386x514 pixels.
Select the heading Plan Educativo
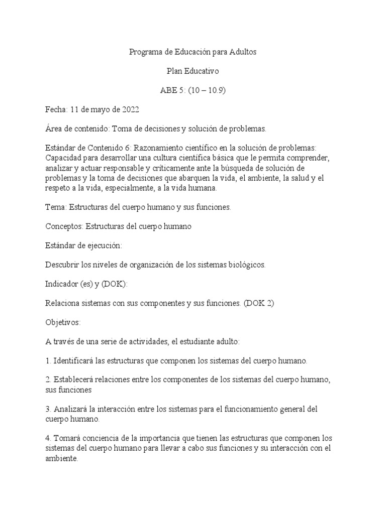(192, 71)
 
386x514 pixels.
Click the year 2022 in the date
(130, 109)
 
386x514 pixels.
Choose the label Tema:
(55, 206)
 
